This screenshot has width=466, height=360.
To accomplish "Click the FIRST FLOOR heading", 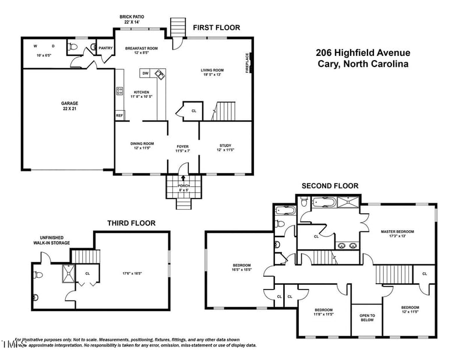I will click(216, 27).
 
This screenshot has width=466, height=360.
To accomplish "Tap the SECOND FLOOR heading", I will click(330, 186).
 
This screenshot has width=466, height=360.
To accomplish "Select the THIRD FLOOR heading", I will click(131, 223).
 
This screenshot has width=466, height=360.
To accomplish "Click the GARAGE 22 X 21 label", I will click(70, 105).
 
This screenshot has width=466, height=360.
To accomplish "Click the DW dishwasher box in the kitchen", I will click(145, 73).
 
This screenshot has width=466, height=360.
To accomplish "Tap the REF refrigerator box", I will click(119, 115).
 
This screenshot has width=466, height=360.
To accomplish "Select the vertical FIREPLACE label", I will click(248, 63).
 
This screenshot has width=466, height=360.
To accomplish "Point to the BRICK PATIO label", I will click(132, 19).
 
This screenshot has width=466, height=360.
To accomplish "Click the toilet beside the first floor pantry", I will click(74, 46).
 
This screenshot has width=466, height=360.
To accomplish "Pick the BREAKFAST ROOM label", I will click(142, 51).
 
